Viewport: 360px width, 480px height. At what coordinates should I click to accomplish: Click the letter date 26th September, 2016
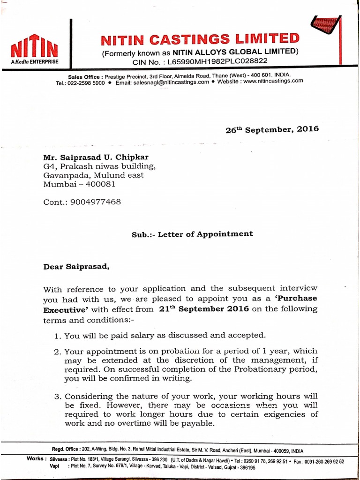[x=272, y=129]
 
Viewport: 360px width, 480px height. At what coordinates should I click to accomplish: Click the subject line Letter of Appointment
[x=205, y=234]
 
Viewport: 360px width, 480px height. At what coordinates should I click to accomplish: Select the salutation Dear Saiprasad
[x=76, y=267]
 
